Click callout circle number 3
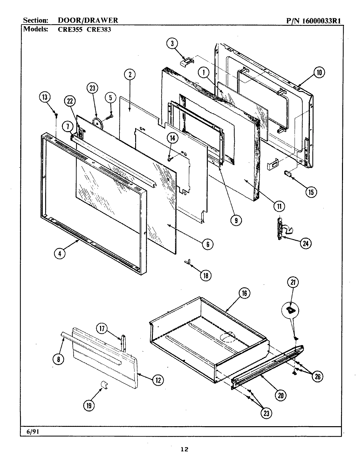tap(171, 43)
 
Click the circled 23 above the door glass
tap(92, 88)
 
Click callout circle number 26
tap(317, 377)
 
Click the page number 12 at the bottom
tap(185, 449)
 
